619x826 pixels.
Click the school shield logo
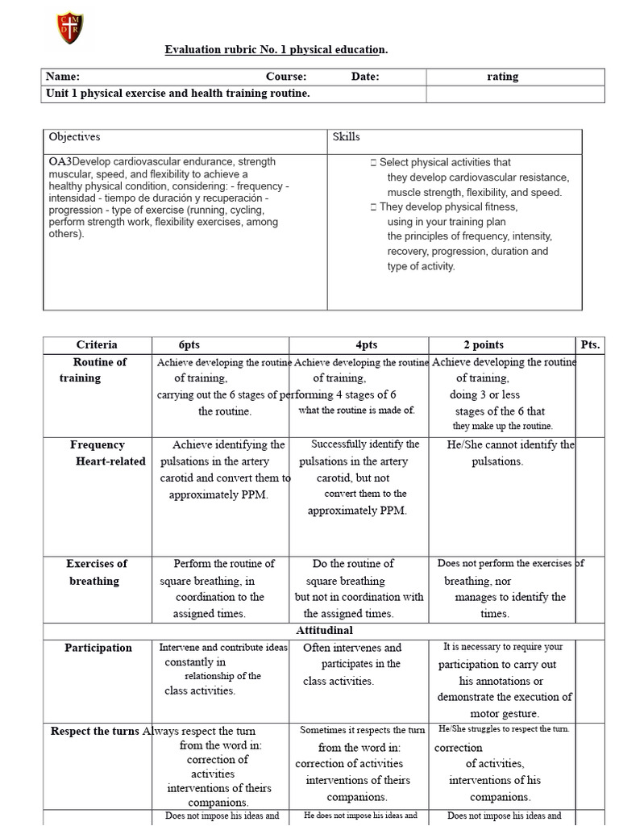pos(69,28)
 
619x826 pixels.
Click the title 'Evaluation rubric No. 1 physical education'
pos(276,50)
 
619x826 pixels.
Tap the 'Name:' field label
pos(62,77)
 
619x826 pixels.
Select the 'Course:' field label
pos(286,77)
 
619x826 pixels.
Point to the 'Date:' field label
pos(365,77)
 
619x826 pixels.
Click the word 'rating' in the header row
pos(503,77)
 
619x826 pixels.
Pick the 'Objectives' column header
pos(74,137)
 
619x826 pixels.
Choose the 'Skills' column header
pos(346,137)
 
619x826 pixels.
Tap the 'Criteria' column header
pos(97,344)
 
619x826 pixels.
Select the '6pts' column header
pos(189,344)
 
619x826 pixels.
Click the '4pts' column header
pos(366,344)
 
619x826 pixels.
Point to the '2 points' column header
pos(484,344)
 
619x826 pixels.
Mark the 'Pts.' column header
pos(590,344)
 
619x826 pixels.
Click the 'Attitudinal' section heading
pos(323,630)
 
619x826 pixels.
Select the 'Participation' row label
pos(98,648)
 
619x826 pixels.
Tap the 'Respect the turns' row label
pos(95,732)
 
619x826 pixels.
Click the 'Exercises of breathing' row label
pos(96,572)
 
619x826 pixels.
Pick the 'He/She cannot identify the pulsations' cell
pos(509,453)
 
